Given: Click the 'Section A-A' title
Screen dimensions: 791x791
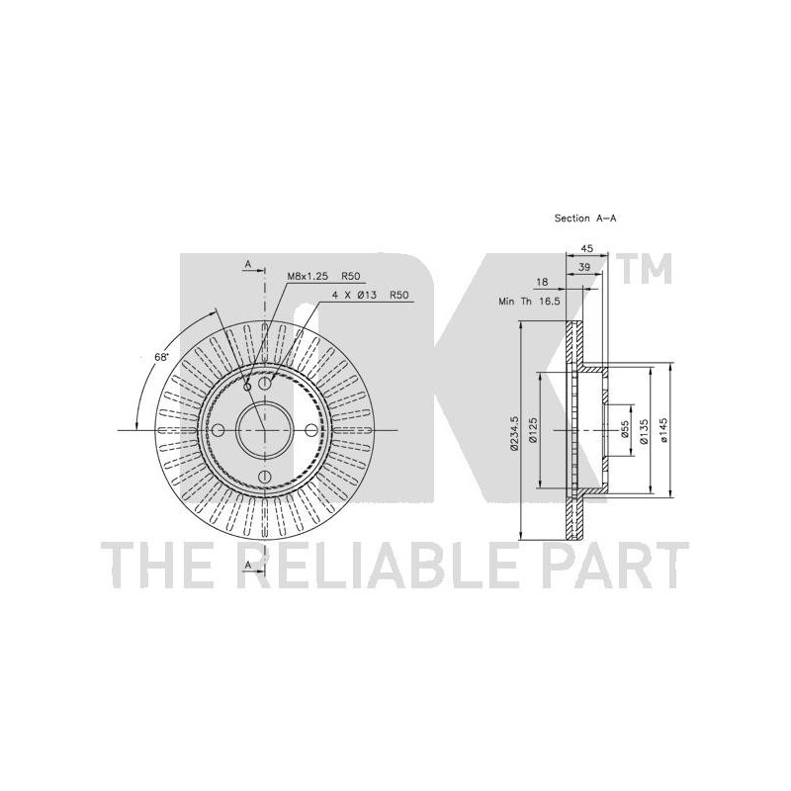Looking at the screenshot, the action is pyautogui.click(x=585, y=219).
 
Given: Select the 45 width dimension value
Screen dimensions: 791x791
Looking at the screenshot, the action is pyautogui.click(x=586, y=248).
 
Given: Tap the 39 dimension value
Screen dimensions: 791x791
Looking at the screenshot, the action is pyautogui.click(x=584, y=267).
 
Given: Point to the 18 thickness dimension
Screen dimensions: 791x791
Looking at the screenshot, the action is pyautogui.click(x=542, y=282).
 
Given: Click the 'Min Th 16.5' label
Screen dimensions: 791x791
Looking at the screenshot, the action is pyautogui.click(x=529, y=302).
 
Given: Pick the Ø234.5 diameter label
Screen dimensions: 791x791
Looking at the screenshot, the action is pyautogui.click(x=514, y=432).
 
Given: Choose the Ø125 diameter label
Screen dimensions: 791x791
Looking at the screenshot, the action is pyautogui.click(x=533, y=430).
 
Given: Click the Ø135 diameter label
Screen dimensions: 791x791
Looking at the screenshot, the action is pyautogui.click(x=644, y=430).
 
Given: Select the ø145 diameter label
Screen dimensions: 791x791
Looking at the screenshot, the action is pyautogui.click(x=662, y=430).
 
